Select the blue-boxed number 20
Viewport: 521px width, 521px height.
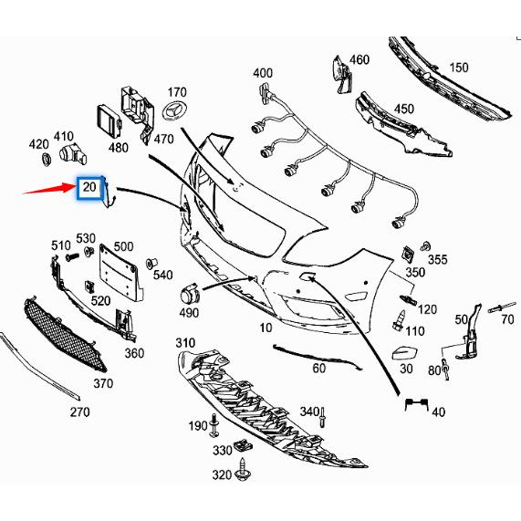[89, 188]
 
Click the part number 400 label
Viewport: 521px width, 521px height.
[262, 73]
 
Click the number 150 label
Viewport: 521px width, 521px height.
[458, 68]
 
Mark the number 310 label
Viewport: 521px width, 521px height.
[185, 343]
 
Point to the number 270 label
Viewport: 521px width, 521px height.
[79, 412]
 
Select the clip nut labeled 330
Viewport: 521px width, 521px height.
[243, 445]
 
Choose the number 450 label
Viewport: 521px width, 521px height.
[403, 109]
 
